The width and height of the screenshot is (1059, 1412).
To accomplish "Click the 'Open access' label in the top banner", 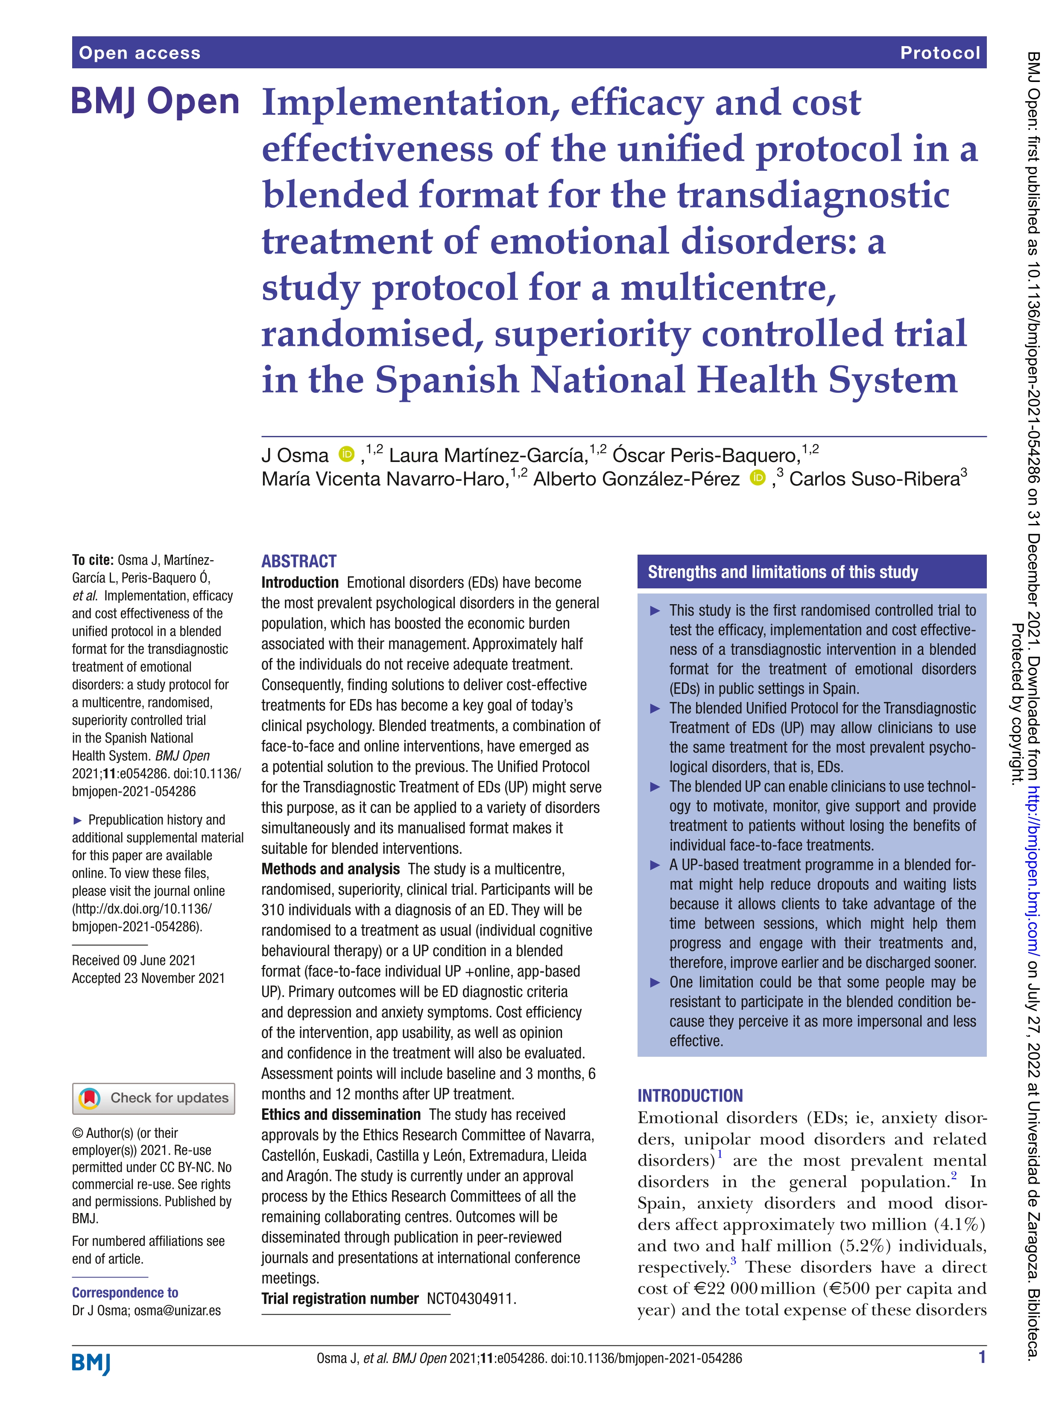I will [x=139, y=53].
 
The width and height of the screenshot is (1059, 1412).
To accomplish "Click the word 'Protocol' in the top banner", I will [x=939, y=53].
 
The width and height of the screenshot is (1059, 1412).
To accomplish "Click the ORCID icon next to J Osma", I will [x=347, y=454].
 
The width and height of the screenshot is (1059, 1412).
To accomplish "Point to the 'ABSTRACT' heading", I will [x=299, y=561].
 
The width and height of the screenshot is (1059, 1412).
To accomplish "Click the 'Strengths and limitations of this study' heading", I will [x=783, y=572].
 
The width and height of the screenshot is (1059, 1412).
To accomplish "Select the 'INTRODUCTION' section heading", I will [x=690, y=1095].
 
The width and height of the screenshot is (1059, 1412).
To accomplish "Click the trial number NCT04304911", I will [x=471, y=1298].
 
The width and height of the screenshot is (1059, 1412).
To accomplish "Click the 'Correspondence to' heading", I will [x=125, y=1292].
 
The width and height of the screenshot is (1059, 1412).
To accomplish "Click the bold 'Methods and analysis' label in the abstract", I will [x=331, y=869].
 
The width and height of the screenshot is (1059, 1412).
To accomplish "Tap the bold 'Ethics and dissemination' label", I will [x=341, y=1114].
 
